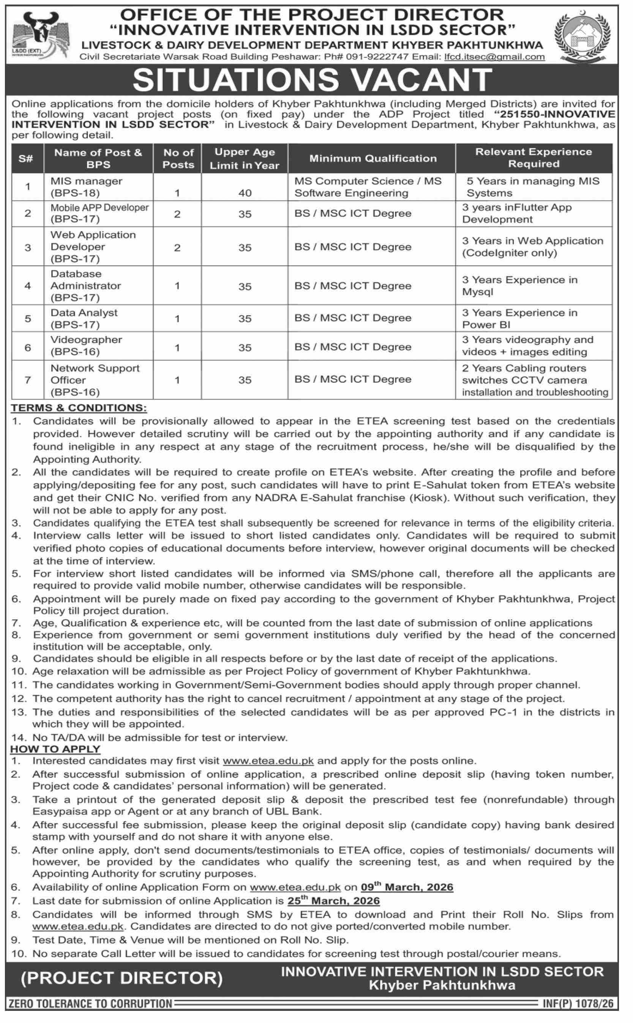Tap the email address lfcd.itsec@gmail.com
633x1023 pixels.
click(494, 57)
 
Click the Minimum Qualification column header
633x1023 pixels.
click(373, 158)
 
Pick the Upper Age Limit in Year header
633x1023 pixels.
click(245, 159)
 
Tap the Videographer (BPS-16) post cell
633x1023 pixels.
click(86, 345)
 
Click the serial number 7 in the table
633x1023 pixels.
click(28, 380)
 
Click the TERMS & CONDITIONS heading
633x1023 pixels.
click(79, 408)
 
